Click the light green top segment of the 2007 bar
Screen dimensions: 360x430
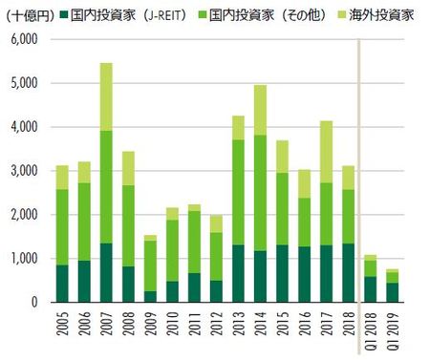(106, 96)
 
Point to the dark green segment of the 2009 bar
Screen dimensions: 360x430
(150, 296)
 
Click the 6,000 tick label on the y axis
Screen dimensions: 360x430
(24, 39)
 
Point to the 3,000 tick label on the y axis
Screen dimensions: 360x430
(24, 171)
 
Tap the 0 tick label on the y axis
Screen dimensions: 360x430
(33, 303)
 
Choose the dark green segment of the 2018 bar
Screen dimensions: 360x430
(349, 272)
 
